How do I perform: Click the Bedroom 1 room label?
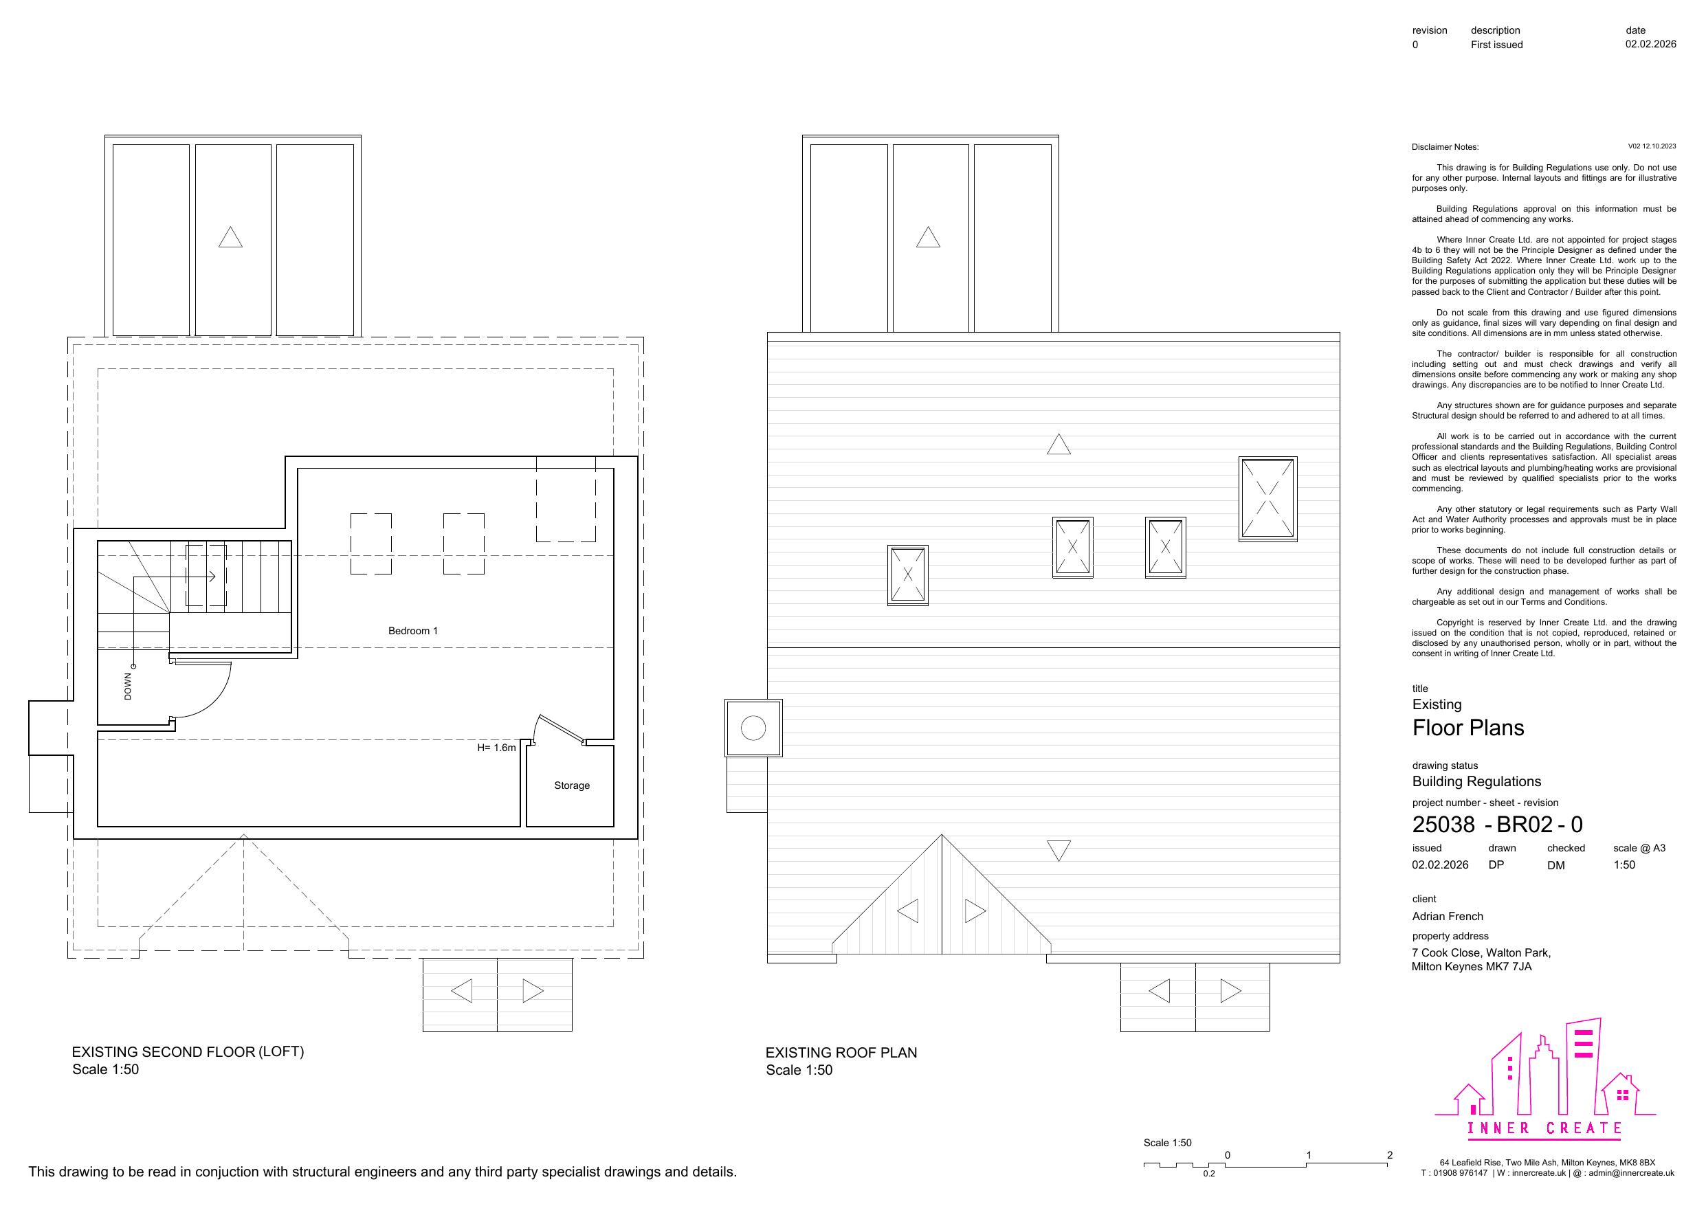412,631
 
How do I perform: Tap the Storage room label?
571,785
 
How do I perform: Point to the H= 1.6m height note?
496,748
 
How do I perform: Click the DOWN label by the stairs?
128,686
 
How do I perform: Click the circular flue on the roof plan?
753,728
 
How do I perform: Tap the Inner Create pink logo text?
1544,1128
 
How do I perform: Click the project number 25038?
1443,824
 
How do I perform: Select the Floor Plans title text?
1467,728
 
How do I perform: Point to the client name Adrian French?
1448,916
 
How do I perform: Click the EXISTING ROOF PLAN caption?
841,1052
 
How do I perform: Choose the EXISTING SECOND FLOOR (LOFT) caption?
188,1051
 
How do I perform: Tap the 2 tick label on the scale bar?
1389,1154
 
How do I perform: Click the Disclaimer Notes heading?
1445,147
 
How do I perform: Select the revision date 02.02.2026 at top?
1650,45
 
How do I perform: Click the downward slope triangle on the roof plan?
1058,849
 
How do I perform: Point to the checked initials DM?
1556,865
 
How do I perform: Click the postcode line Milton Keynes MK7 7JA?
1471,967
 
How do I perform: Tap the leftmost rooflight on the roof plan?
907,575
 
